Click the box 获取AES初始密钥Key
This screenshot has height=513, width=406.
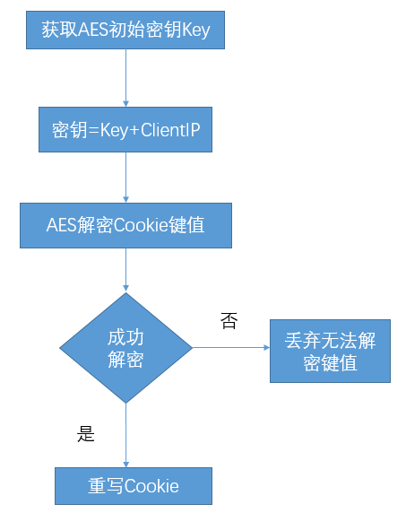(x=125, y=30)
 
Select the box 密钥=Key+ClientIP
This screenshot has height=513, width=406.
(x=125, y=129)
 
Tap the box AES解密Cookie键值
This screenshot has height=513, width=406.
(x=125, y=225)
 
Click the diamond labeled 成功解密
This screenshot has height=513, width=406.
(x=125, y=348)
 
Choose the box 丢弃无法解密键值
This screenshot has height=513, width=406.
(x=330, y=351)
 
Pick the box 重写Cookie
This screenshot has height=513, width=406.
(x=134, y=486)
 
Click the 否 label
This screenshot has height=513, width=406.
(x=229, y=321)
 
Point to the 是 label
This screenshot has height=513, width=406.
(x=86, y=434)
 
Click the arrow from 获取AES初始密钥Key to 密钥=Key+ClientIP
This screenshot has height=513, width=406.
(x=125, y=78)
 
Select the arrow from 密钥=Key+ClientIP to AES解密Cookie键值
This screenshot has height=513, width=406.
(x=125, y=178)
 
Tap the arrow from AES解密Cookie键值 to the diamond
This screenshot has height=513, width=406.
(x=125, y=270)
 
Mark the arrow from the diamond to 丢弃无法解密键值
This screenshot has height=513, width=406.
(x=231, y=347)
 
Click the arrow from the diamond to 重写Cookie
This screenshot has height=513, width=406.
(x=125, y=436)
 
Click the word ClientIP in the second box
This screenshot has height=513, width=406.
(x=170, y=130)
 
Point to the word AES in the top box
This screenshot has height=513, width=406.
(x=93, y=30)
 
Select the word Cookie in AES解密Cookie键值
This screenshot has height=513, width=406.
(x=141, y=225)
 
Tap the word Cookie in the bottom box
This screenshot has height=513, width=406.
(x=151, y=486)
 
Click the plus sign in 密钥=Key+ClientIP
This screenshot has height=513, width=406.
(x=134, y=131)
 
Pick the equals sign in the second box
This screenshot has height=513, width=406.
(x=93, y=131)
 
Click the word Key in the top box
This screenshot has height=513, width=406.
(x=195, y=30)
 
